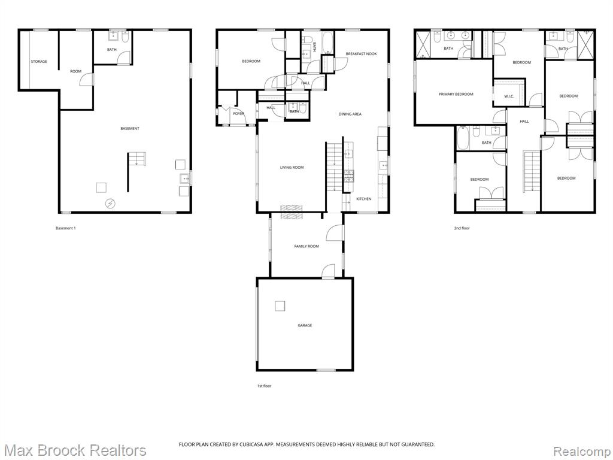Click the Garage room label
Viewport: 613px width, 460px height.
305,325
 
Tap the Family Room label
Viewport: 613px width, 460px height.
306,246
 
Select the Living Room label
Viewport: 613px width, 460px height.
292,168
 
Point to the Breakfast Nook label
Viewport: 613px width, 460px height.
361,54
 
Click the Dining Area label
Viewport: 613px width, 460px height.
350,114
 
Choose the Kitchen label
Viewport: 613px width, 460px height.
363,199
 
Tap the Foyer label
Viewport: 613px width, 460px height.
238,113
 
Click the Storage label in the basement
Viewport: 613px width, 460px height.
39,62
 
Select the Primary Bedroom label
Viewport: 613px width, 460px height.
456,94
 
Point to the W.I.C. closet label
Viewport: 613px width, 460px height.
509,96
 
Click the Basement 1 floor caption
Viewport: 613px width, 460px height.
65,228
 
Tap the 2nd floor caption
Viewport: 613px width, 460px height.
462,228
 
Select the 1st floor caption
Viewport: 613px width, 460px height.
264,386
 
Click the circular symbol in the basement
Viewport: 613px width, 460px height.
110,203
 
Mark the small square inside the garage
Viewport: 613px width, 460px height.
280,306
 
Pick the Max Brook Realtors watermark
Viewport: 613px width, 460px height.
74,450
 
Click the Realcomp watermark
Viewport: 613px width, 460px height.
580,450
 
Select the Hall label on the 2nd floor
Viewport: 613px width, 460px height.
524,122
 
